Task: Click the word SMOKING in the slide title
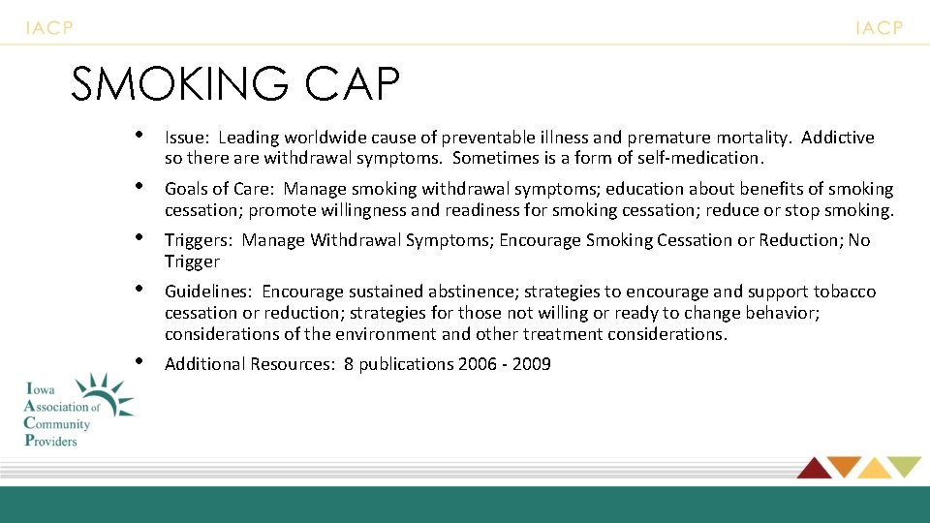coord(180,84)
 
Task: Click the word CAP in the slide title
coord(352,84)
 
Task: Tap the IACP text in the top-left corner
coord(49,28)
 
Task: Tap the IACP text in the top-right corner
coord(879,28)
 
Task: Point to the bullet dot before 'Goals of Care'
coord(139,184)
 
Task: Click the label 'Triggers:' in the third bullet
coord(200,240)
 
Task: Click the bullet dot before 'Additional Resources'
coord(139,360)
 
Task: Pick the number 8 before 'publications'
coord(349,364)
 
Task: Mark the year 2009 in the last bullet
coord(532,364)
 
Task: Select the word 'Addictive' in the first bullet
coord(838,138)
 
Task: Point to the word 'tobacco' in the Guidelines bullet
coord(845,292)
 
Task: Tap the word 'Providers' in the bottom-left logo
coord(50,440)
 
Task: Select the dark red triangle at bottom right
coord(812,468)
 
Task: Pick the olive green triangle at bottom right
coord(905,467)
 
